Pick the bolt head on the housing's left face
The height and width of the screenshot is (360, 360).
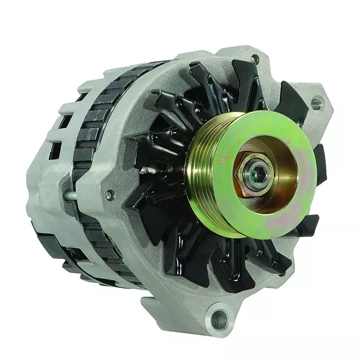pyautogui.click(x=110, y=195)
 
